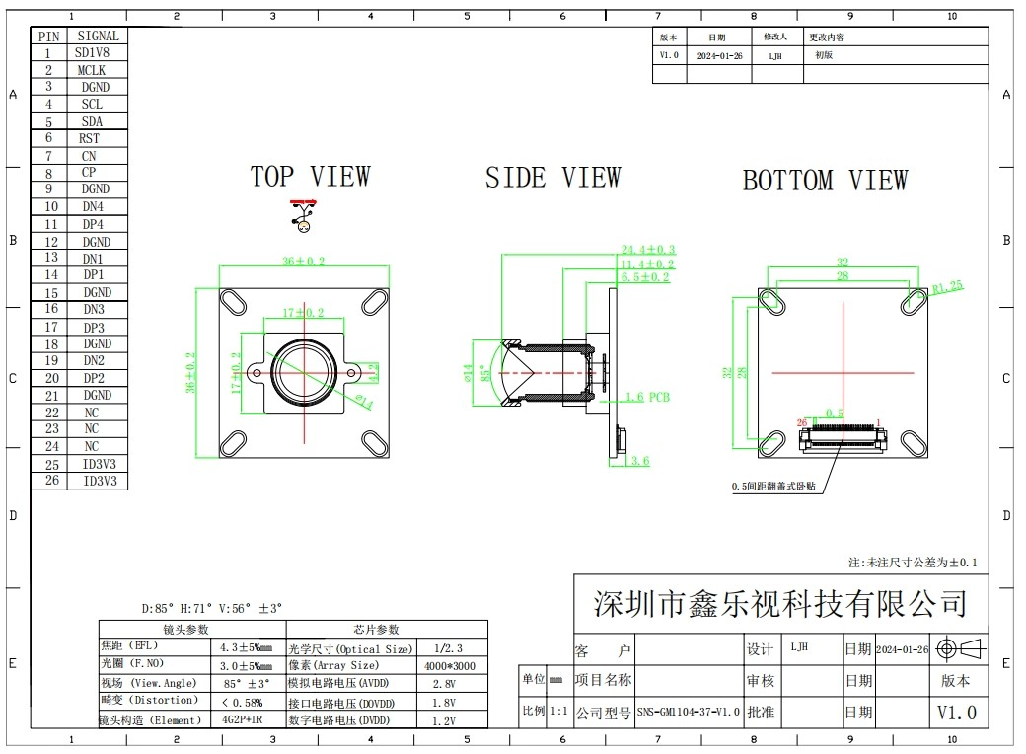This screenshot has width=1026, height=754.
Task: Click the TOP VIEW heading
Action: coord(310,178)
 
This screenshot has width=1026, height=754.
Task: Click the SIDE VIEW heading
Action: coord(552,179)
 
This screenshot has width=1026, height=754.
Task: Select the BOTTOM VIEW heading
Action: coord(825,181)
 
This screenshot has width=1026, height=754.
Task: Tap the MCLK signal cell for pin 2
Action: coord(91,70)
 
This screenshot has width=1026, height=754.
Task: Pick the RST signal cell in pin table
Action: coord(89,139)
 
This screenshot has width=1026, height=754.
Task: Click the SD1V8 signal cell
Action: coord(92,53)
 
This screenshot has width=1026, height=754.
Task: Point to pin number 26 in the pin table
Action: coord(51,482)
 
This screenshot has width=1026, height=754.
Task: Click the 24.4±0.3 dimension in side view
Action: coord(647,250)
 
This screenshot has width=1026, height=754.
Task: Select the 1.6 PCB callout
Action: coord(647,397)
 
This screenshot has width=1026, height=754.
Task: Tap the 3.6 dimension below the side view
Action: coord(639,461)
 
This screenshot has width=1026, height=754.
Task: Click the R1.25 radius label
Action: coord(947,288)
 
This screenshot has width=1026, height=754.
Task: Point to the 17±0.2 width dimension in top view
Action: coord(303,313)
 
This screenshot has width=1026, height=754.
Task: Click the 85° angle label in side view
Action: coord(484,375)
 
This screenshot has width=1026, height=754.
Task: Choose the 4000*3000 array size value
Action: coord(449,666)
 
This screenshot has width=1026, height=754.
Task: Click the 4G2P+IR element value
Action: coord(242,719)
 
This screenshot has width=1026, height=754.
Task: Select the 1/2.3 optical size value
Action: coord(448,648)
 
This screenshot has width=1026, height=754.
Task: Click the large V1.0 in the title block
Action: coord(956,713)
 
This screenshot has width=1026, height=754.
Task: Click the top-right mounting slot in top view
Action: coord(374,302)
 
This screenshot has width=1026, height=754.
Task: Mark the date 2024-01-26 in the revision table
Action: coord(719,56)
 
